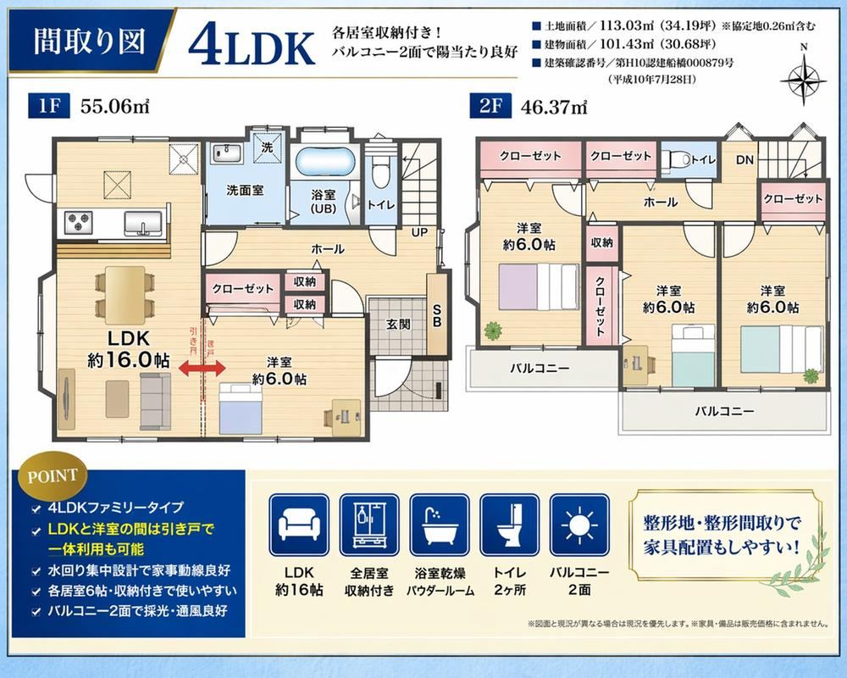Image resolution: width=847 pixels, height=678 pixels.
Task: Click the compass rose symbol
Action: coord(803,81)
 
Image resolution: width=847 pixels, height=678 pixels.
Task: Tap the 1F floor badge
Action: coord(49,105)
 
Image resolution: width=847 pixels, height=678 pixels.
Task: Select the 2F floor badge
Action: coord(490,105)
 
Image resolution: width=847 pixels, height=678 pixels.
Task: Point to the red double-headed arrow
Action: coord(202,369)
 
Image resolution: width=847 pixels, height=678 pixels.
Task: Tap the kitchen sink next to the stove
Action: coord(143,223)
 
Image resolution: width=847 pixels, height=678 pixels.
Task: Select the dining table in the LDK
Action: coord(125,295)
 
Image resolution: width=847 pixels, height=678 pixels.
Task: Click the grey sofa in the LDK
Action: coord(156,401)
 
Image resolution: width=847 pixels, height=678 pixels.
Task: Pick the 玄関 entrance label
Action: coord(398,325)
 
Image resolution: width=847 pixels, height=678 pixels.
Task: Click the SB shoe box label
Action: coord(437,316)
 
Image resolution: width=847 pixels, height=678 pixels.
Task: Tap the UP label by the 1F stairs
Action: coord(420,232)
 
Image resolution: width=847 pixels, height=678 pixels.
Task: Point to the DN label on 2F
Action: coord(745,160)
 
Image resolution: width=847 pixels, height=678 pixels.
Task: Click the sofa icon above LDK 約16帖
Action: coord(299,525)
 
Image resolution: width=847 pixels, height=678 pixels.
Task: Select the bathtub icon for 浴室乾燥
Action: coord(440,525)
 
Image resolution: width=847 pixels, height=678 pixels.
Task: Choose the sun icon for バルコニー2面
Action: coord(579,525)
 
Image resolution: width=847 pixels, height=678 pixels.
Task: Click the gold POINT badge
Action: coord(53,476)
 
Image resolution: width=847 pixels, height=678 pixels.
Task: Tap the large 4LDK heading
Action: coord(252,47)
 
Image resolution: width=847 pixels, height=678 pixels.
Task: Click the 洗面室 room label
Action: coord(245,191)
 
